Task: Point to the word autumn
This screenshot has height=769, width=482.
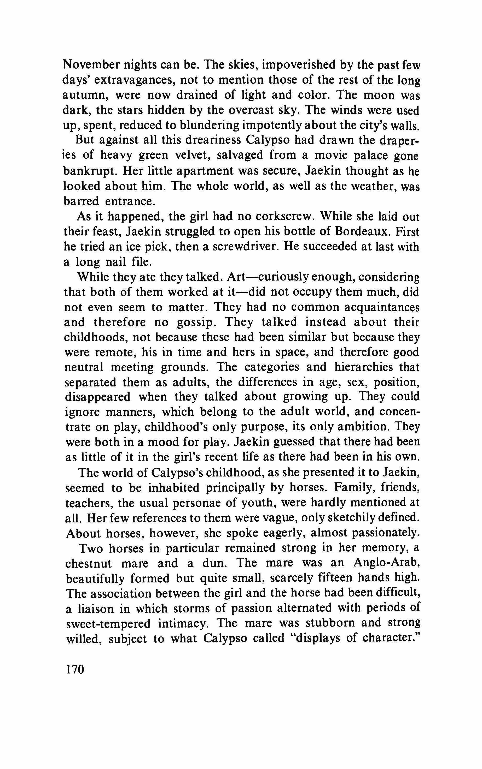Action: tap(84, 95)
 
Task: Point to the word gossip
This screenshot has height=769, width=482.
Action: tap(195, 322)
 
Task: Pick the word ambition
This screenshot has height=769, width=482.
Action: tap(362, 427)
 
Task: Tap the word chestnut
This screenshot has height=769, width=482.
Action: tap(89, 563)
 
